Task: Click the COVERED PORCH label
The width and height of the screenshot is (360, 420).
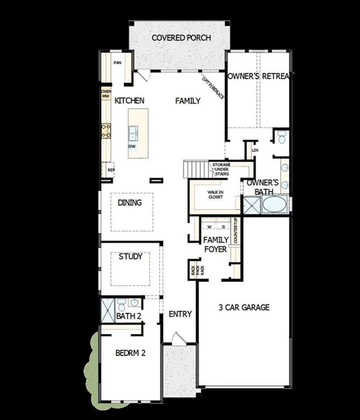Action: click(181, 38)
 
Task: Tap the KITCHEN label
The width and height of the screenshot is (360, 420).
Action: click(129, 100)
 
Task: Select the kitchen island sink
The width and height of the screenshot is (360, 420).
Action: click(133, 133)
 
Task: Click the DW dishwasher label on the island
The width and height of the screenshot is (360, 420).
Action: click(132, 146)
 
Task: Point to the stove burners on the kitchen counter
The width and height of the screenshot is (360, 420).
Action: click(106, 131)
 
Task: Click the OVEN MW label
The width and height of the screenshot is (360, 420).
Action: click(106, 94)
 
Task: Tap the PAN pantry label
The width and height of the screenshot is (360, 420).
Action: click(118, 62)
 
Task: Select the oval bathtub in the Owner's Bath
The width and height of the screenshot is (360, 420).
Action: click(274, 205)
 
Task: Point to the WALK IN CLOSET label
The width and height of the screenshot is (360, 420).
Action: click(215, 195)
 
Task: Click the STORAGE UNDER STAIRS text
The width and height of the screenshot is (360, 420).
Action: click(222, 169)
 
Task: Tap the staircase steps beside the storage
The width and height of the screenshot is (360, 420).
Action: click(195, 169)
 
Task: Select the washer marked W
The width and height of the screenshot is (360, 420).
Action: click(209, 227)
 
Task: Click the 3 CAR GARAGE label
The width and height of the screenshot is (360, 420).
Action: click(244, 307)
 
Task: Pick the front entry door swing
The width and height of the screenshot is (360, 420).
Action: click(178, 338)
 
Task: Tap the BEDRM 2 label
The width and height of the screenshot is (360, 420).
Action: click(130, 353)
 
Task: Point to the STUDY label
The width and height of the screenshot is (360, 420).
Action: click(130, 256)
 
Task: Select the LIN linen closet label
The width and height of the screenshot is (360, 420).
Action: click(255, 150)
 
